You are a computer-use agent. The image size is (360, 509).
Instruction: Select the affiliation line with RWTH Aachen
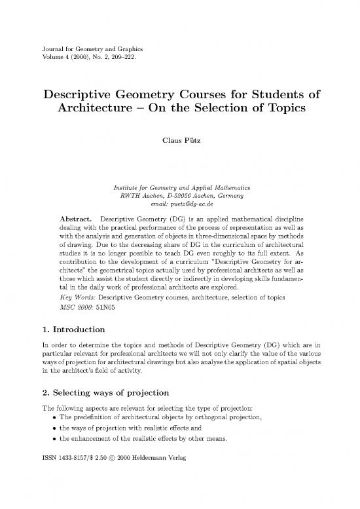click(180, 195)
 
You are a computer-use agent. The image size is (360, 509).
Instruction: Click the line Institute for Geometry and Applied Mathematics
click(180, 186)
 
